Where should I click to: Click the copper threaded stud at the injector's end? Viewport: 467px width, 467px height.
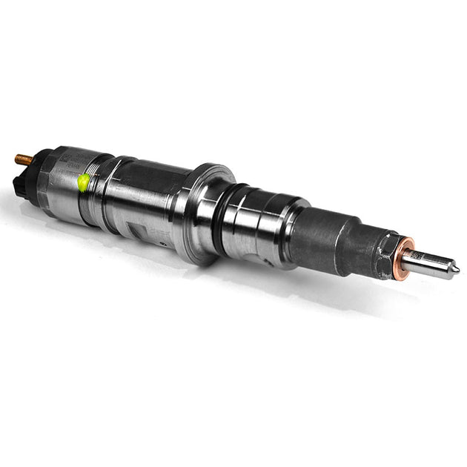pos(23,159)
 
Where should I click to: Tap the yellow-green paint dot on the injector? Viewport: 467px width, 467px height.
pos(84,181)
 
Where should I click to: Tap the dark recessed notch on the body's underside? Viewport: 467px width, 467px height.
pos(153,225)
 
